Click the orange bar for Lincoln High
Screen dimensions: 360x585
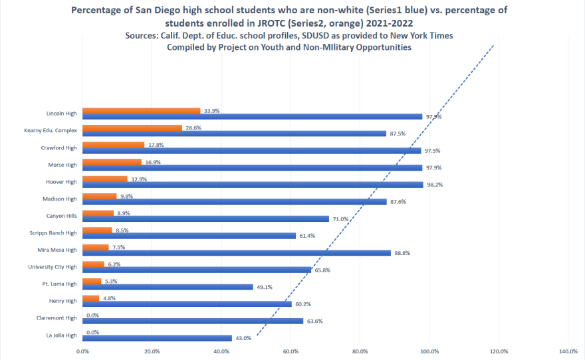141,110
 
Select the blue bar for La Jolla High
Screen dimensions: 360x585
157,338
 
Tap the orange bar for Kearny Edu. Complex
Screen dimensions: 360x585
132,128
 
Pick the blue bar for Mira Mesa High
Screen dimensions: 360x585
237,252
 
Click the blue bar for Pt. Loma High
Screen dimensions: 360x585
168,287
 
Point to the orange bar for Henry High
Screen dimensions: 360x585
90,298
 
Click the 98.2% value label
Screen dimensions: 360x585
436,185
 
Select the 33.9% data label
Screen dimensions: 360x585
212,110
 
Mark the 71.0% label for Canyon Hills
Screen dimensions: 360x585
342,219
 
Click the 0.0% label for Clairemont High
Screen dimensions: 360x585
92,315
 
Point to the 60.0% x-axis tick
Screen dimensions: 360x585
291,351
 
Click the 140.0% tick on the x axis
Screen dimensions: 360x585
568,351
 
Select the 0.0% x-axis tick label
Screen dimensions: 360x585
82,351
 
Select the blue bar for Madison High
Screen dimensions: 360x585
235,201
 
